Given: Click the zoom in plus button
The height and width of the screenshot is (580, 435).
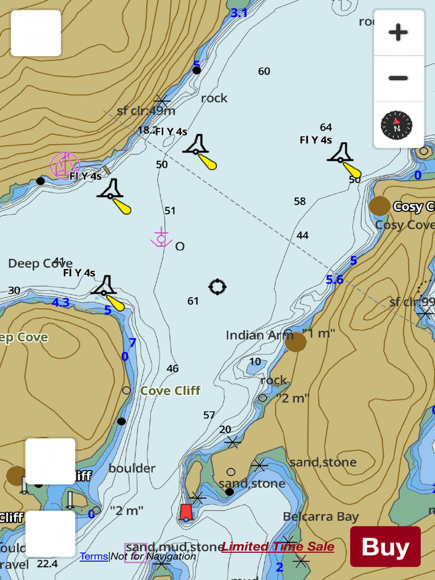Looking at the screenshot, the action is click(398, 32).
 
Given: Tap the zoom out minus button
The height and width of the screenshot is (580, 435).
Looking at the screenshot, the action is click(398, 78).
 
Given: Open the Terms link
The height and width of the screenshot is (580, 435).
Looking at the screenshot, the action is click(93, 556).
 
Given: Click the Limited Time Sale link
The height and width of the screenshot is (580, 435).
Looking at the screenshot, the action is click(278, 547).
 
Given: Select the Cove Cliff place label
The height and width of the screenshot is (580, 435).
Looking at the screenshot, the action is click(170, 391).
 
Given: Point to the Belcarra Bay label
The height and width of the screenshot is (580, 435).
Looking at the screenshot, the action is click(321, 517).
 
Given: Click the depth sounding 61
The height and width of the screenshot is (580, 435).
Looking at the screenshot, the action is click(193, 301).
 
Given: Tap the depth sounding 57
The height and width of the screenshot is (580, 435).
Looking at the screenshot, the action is click(209, 415).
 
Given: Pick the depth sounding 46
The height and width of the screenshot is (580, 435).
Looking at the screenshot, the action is click(172, 369).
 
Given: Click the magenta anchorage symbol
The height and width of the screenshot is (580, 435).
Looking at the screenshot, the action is click(161, 238).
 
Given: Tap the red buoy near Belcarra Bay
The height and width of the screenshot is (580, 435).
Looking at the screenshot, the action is click(186, 513).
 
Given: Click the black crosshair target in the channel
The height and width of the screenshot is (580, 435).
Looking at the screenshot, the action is click(217, 287).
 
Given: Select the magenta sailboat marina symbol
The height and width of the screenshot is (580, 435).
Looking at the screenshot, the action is click(65, 165).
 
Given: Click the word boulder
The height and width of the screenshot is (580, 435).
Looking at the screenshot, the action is click(132, 468).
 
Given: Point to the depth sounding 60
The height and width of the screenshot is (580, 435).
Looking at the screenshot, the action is click(264, 71).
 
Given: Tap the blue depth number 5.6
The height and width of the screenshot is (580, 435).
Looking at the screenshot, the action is click(334, 279).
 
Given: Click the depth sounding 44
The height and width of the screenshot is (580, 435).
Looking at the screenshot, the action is click(302, 235).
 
